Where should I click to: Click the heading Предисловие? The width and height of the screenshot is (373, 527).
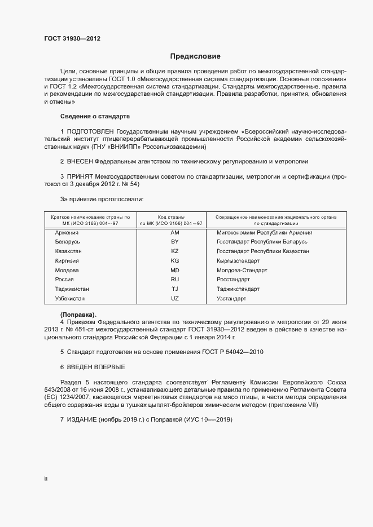coord(195,56)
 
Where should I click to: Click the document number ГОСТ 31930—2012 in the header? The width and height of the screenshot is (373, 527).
coord(72,39)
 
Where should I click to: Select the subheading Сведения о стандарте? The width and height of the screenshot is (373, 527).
coord(95,116)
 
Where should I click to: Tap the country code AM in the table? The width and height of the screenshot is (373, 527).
coord(174,232)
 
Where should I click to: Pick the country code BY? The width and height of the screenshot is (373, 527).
coord(174,242)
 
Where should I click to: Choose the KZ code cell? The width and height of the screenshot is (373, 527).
coord(174,251)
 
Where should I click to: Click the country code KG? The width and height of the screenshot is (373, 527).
coord(174,261)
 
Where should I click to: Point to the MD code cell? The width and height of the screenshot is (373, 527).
coord(174,271)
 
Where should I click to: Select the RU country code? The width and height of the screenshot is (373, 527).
coord(174,280)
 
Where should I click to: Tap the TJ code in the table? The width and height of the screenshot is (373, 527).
coord(174,289)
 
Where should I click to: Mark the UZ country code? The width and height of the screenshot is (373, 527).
coord(174,298)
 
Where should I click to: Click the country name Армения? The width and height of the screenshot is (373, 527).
coord(67,232)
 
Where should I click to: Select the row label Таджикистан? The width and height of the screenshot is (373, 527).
coord(72,289)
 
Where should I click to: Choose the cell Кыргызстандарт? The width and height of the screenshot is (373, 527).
coord(238,261)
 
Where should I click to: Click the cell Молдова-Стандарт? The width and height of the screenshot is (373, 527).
coord(242,271)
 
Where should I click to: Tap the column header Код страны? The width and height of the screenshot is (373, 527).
coord(174,216)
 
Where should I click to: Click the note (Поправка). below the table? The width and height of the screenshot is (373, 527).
coord(78,314)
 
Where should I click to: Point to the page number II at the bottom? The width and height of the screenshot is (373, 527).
coord(46,479)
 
